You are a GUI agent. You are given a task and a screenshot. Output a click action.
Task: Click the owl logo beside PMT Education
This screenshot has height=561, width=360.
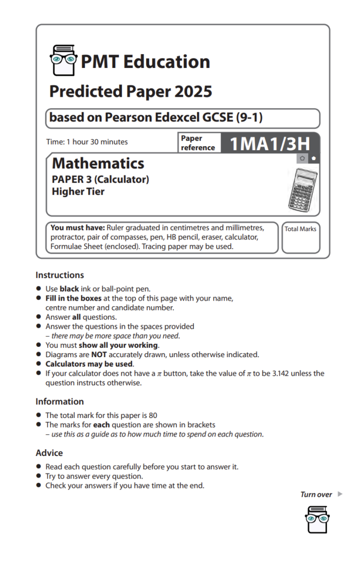(63, 60)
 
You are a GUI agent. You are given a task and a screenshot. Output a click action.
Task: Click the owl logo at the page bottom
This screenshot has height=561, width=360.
(317, 519)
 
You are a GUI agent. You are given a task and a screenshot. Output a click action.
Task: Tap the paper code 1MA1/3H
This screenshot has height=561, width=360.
(269, 144)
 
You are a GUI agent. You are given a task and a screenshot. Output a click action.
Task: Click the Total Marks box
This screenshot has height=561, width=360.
(300, 238)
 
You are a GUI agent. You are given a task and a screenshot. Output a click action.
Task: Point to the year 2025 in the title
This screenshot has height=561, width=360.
(193, 92)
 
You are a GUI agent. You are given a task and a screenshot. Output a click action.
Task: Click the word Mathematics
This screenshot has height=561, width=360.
(98, 164)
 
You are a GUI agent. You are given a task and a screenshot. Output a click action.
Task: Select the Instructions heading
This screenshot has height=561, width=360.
(60, 275)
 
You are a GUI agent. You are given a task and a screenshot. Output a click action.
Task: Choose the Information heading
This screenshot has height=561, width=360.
(60, 401)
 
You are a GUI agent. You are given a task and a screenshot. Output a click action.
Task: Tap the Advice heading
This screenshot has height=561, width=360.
(49, 453)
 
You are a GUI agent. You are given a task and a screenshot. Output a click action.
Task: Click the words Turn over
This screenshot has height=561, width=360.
(316, 495)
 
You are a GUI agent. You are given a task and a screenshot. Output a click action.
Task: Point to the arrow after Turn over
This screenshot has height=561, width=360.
(340, 495)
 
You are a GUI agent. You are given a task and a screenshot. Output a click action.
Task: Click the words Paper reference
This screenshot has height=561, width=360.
(197, 143)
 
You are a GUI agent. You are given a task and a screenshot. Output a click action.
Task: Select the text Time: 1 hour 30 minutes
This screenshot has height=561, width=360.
(87, 142)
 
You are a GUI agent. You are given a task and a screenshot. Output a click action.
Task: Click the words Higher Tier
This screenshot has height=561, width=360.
(78, 191)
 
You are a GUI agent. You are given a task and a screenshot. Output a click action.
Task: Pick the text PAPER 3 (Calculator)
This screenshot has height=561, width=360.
(100, 180)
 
